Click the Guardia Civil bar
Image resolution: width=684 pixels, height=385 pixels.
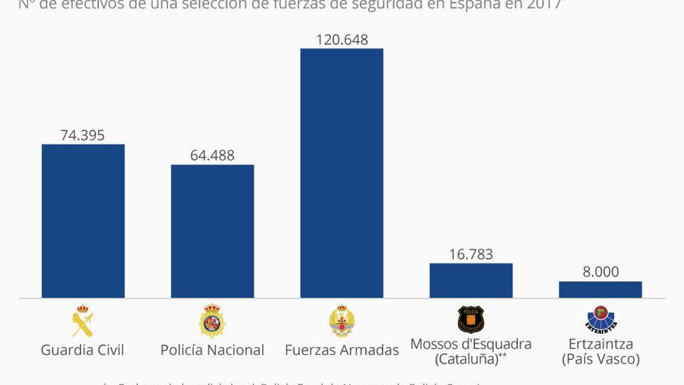[83, 221]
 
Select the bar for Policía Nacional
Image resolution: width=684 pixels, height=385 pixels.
[212, 231]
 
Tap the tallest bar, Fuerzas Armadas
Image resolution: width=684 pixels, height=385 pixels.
[342, 173]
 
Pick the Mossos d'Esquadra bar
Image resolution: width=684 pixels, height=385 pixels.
[471, 280]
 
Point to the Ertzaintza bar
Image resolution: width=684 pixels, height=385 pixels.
[600, 290]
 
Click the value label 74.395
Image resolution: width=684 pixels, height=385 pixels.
[83, 135]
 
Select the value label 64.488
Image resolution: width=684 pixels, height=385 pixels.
[212, 155]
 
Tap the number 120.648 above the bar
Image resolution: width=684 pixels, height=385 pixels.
[342, 40]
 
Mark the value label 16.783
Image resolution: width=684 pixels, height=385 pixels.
[471, 254]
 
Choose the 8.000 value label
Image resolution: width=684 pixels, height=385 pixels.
[601, 272]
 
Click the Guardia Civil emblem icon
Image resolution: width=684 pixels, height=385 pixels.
[83, 321]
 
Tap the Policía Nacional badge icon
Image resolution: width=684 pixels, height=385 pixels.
[212, 321]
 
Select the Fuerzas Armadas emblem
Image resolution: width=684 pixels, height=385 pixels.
[342, 321]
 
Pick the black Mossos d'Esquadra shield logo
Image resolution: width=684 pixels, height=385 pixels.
[471, 319]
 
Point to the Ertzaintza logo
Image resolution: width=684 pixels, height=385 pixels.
[601, 319]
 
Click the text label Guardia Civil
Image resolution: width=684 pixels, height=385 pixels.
[83, 350]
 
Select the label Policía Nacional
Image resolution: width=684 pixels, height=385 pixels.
[212, 350]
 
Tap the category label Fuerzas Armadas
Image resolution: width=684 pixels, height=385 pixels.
[342, 350]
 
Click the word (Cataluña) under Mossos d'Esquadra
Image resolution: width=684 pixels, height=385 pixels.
[466, 358]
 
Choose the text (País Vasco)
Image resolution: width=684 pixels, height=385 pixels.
[601, 358]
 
